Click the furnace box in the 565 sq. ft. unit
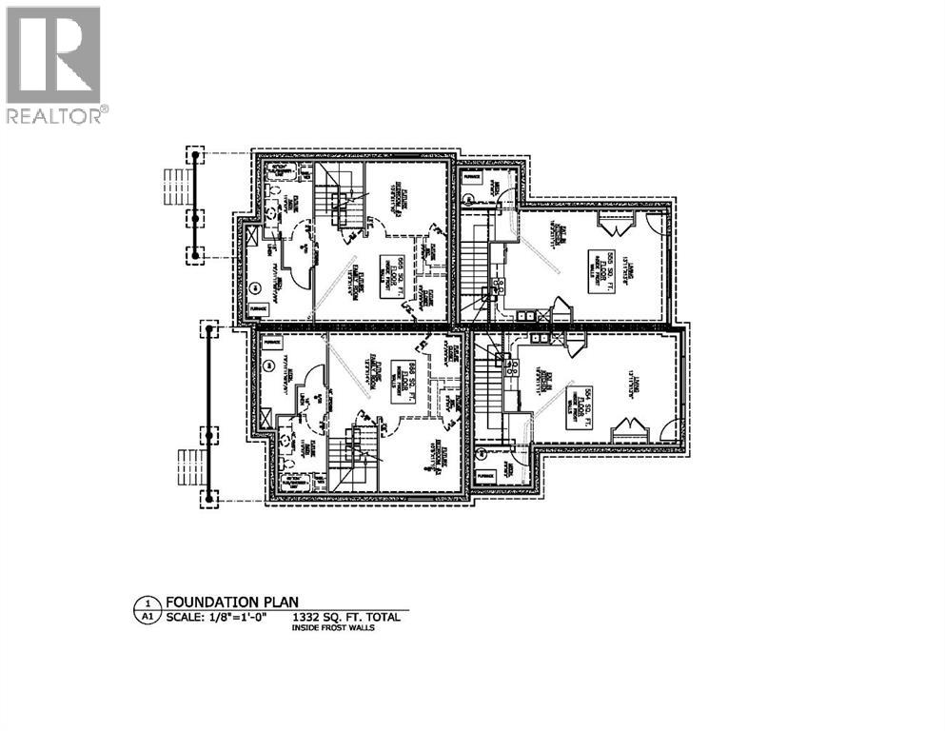click(258, 310)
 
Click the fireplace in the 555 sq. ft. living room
click(612, 225)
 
